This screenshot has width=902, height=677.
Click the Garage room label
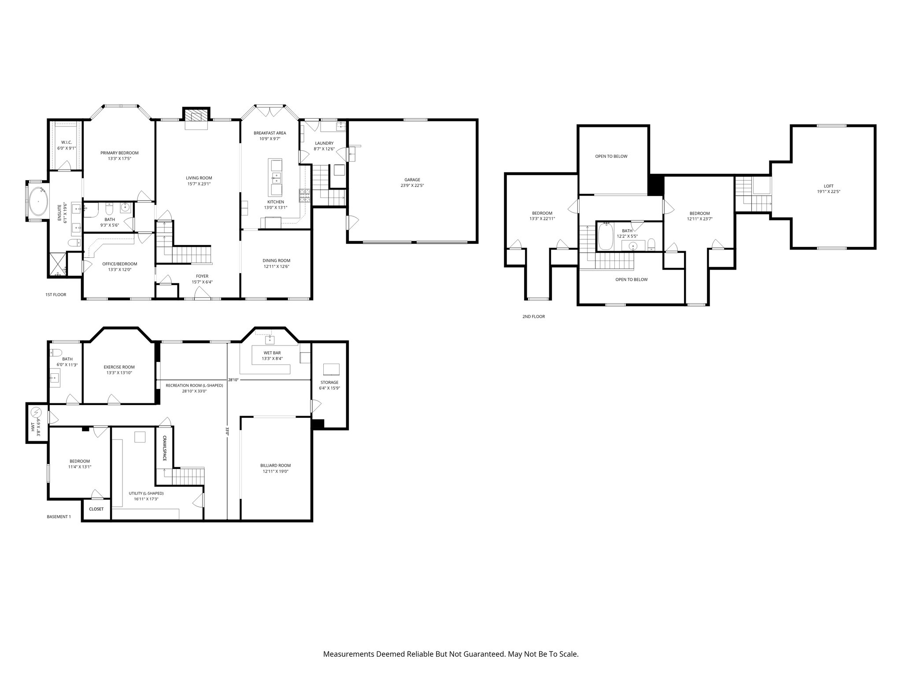click(412, 180)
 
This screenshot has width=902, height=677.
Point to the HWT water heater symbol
click(36, 413)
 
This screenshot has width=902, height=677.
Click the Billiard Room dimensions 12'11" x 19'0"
click(275, 471)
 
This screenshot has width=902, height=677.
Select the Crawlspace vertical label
click(165, 449)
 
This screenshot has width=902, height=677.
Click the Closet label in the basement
click(96, 509)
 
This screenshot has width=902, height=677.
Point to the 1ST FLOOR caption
click(56, 294)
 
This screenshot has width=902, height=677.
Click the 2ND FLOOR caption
click(533, 316)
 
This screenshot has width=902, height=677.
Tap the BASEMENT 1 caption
click(59, 517)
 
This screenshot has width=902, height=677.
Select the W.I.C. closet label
click(66, 142)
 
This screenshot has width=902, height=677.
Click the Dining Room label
click(276, 260)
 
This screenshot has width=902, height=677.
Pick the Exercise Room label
click(119, 367)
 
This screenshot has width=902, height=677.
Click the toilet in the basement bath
click(55, 352)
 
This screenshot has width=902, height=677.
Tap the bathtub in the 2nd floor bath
click(606, 236)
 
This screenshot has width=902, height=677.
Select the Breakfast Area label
click(270, 133)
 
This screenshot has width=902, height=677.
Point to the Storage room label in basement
click(329, 382)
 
